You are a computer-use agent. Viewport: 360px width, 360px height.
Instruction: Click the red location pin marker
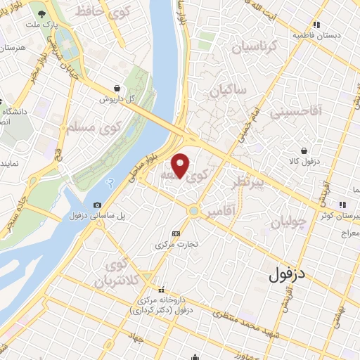coord(181,165)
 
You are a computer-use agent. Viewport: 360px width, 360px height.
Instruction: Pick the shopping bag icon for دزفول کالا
coord(303,150)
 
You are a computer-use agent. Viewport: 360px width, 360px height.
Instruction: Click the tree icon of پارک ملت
coord(43,14)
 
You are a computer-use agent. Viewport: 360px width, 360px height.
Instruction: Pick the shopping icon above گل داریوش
coord(115,88)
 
